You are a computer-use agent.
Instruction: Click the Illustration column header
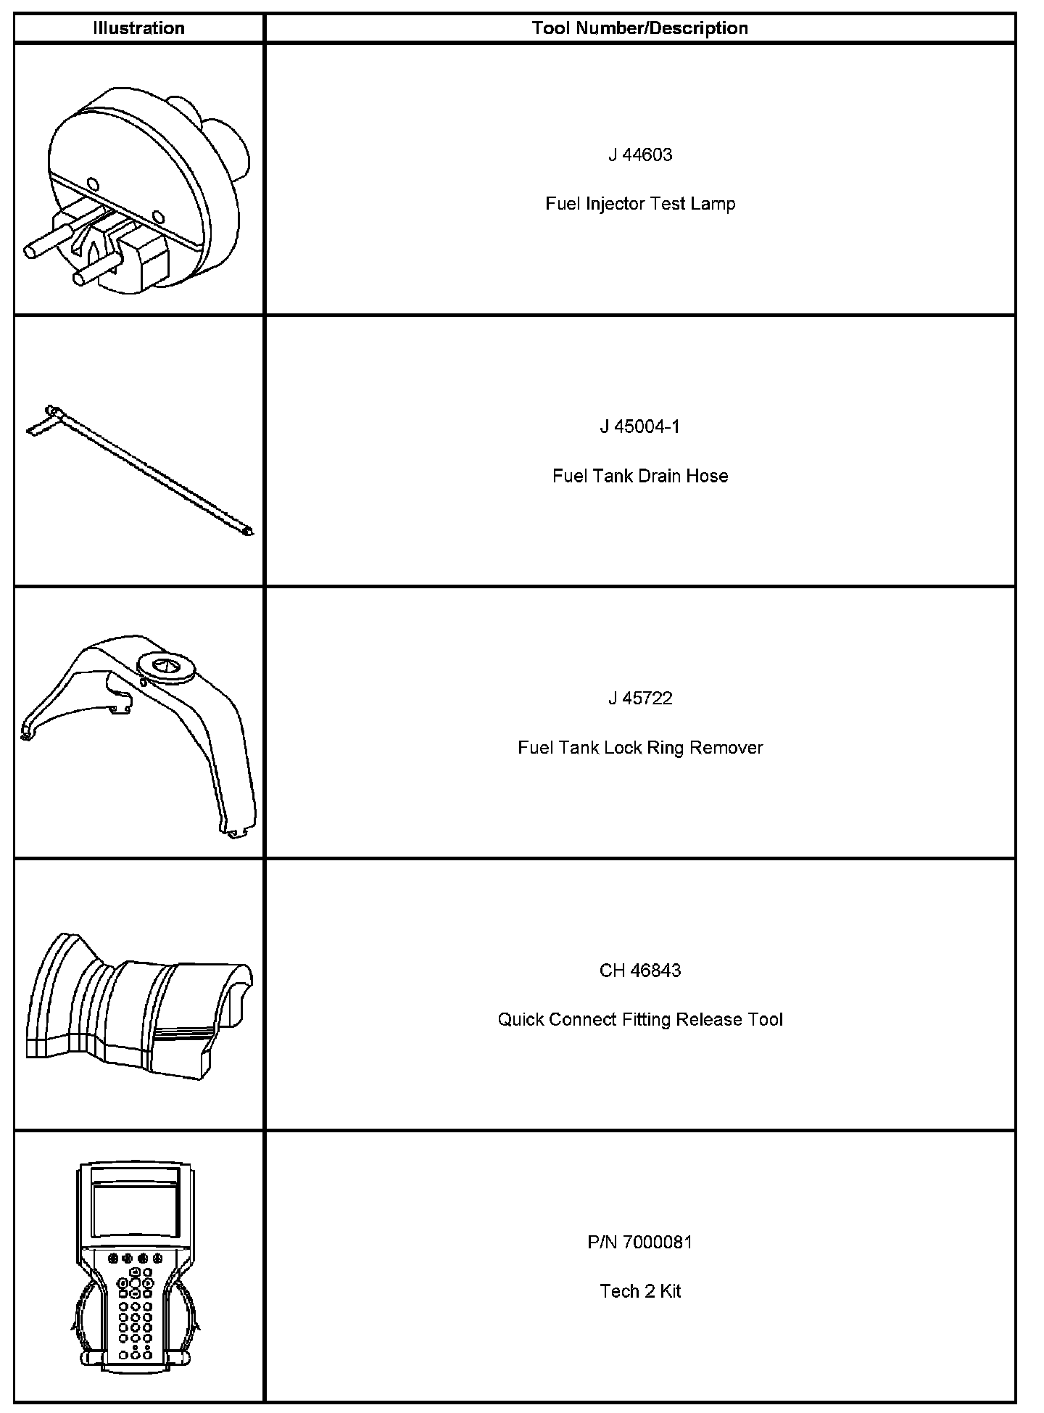(138, 28)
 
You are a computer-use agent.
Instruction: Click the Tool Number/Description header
(639, 28)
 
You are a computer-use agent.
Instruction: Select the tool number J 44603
(640, 155)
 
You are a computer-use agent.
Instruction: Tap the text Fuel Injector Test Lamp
(640, 204)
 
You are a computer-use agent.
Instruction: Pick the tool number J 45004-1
(640, 427)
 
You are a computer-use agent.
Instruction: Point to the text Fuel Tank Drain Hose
(640, 476)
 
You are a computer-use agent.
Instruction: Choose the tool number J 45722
(640, 699)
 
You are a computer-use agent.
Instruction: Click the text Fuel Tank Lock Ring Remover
(640, 748)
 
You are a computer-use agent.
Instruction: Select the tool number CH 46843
(640, 971)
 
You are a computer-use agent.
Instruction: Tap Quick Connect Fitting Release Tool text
(640, 1020)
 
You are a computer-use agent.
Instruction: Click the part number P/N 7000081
(640, 1243)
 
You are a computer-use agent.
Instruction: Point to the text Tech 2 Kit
(640, 1292)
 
